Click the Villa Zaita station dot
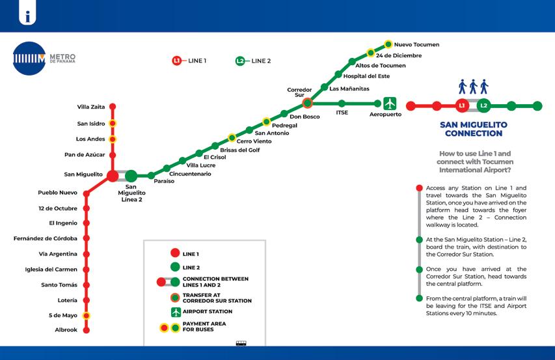113,106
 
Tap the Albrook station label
66,330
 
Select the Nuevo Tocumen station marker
388,44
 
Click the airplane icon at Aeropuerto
390,103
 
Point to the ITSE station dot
342,103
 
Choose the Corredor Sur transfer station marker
308,103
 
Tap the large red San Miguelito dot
113,175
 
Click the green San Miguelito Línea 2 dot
131,175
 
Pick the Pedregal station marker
266,122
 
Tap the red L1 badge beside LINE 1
176,61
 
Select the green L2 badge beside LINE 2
240,61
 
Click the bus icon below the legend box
241,343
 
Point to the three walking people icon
473,87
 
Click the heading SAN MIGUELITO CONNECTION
473,129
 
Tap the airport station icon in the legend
175,312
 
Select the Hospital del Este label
366,76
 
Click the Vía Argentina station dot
86,254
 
